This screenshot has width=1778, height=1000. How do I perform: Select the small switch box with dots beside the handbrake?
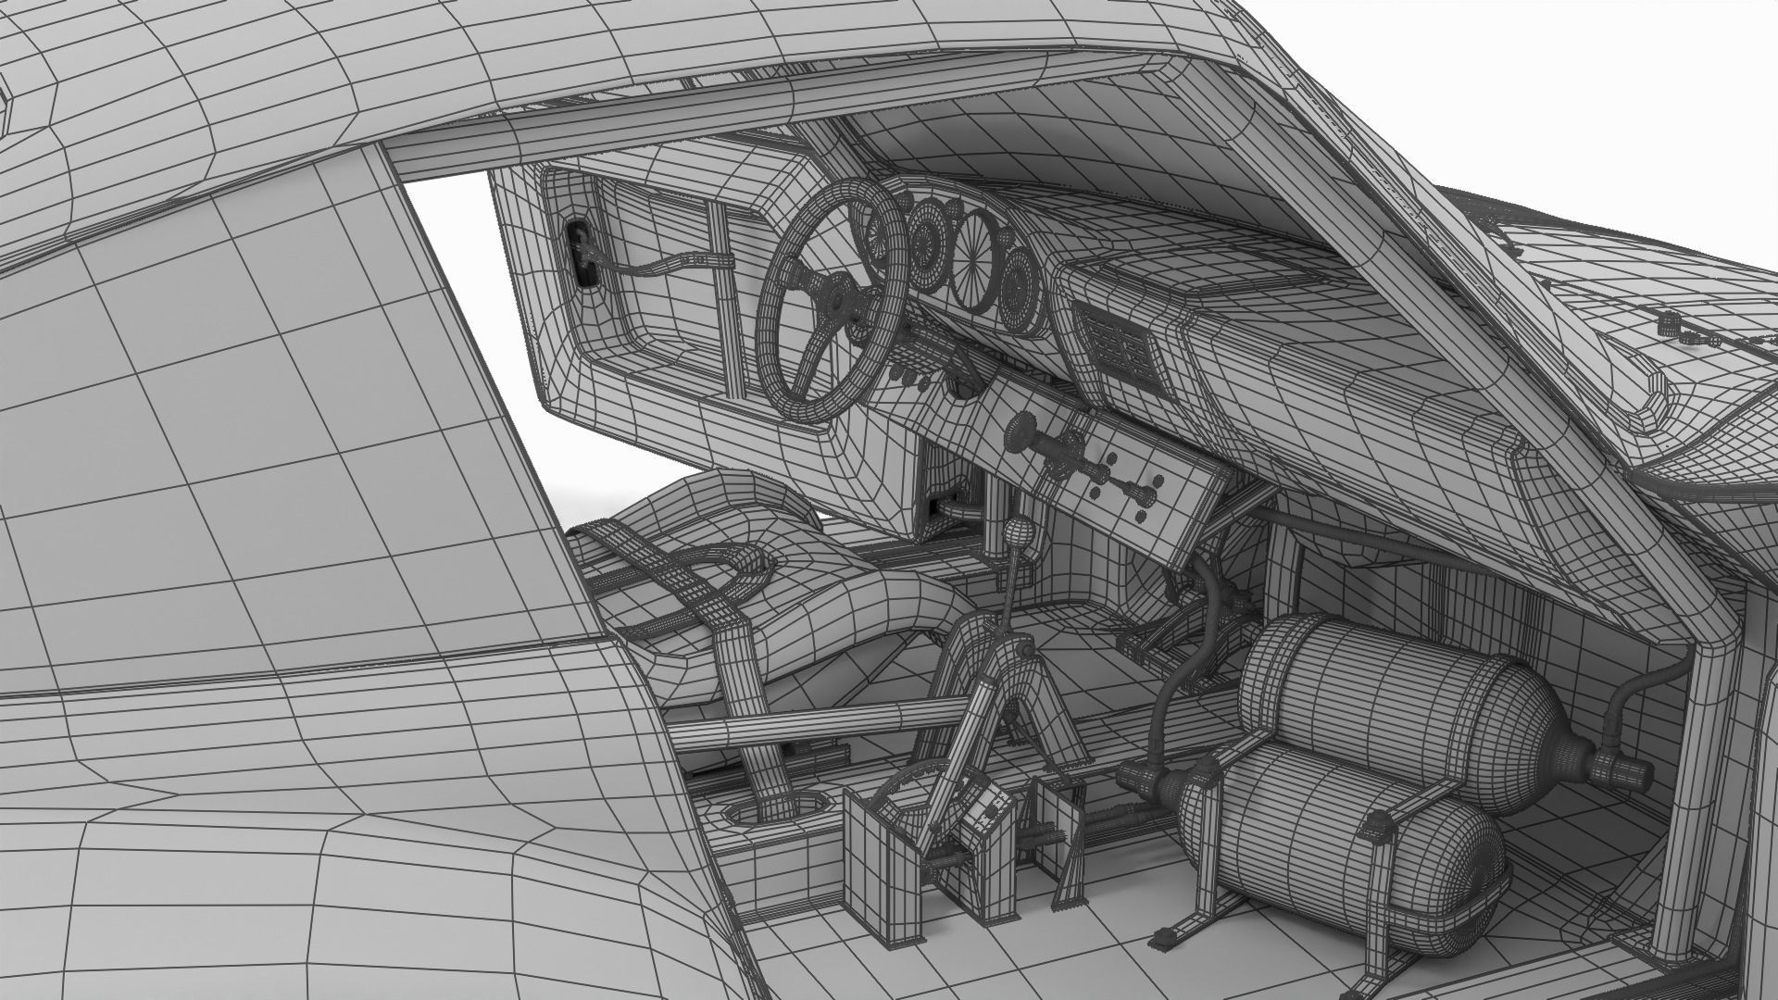[x=984, y=816]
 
